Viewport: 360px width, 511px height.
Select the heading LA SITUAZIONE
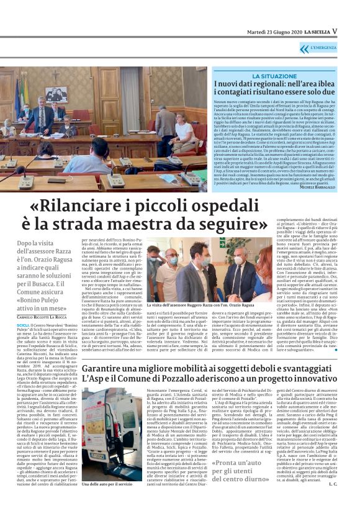click(274, 76)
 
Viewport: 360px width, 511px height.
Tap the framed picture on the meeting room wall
click(56, 94)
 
